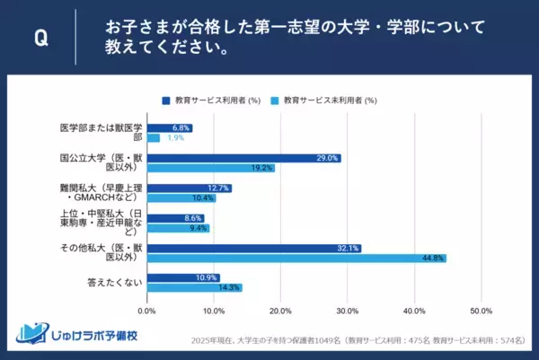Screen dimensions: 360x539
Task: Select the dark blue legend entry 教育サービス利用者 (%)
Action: (x=216, y=101)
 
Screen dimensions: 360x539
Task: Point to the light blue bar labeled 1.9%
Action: (x=153, y=138)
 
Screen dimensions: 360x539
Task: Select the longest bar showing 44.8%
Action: (x=296, y=259)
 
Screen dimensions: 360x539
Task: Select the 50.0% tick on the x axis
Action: (x=481, y=311)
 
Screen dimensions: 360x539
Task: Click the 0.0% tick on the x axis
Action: (x=146, y=311)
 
